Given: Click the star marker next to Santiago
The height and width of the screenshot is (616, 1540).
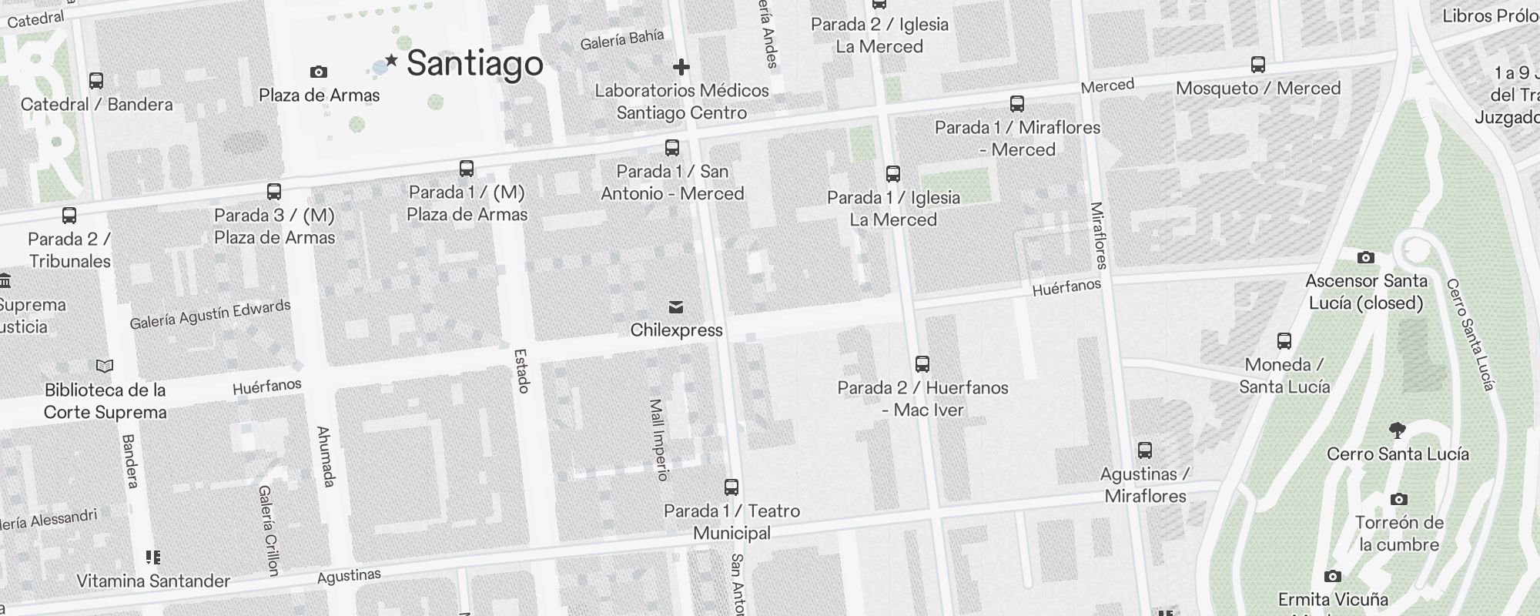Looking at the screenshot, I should pos(391,60).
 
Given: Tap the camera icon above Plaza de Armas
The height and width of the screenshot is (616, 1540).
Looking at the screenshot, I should pos(318,72).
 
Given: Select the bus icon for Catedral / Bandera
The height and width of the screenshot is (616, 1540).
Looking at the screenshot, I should pos(96,80).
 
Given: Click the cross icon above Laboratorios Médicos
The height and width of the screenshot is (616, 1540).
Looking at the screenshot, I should pos(681,67).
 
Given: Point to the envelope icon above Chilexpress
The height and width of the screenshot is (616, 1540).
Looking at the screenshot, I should pos(676,307).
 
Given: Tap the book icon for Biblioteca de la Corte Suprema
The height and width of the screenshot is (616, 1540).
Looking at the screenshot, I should pos(105,367).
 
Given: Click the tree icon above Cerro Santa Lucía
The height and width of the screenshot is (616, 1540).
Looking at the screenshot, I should pos(1398,430).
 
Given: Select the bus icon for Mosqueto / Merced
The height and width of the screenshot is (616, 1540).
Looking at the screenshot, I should pos(1258,65).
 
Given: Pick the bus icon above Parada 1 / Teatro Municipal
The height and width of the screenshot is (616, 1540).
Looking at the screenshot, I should pos(731,487).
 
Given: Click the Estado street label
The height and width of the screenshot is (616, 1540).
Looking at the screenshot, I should pos(522,371).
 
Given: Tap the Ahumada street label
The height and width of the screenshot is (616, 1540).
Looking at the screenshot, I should pos(326,457).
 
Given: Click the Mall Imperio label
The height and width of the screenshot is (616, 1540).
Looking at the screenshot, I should pos(658,439).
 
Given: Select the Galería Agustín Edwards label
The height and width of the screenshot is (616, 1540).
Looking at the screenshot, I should pos(210,314).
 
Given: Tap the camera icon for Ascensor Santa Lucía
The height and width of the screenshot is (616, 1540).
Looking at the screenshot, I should pos(1365,257).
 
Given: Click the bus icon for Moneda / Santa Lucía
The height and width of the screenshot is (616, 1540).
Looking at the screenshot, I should pos(1284,341).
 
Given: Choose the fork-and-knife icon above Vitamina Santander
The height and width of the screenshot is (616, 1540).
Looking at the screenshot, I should pos(152,557).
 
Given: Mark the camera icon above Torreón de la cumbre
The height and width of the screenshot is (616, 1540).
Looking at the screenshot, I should pos(1399,499).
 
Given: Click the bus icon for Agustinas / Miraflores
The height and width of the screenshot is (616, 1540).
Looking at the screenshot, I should pos(1145,450).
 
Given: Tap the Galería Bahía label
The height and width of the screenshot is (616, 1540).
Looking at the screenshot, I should pos(622,39).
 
